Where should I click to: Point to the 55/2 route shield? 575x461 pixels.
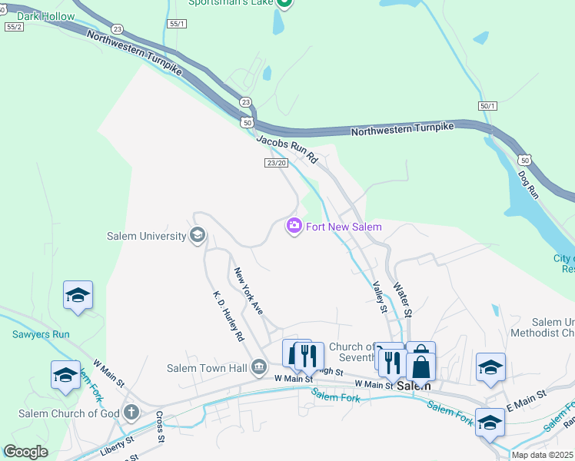14,26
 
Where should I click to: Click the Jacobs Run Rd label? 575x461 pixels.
286,147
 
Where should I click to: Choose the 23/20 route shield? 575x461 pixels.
275,163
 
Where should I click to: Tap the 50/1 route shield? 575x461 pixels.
487,105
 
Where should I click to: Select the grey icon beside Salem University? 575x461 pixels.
197,235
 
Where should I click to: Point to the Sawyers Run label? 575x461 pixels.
41,334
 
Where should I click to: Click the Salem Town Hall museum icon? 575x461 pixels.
259,368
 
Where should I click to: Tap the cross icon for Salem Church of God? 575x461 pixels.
131,413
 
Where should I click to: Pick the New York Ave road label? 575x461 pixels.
249,290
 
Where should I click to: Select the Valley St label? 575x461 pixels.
378,297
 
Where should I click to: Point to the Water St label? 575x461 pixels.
404,299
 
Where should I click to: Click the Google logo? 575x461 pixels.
25,451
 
